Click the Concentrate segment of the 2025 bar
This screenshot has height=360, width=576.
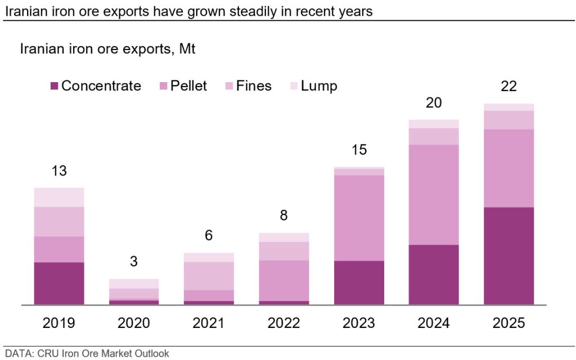(508, 256)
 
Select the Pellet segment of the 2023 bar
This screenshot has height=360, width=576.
(359, 218)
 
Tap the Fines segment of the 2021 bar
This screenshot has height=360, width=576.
(209, 276)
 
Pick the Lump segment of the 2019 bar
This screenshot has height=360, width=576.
(59, 197)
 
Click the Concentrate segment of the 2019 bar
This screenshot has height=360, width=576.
(59, 283)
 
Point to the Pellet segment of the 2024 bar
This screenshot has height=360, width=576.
(434, 195)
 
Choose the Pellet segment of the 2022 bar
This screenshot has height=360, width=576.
(283, 280)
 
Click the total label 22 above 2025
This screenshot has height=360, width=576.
(508, 87)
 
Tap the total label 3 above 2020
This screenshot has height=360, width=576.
(134, 262)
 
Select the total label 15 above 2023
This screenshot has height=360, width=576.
(359, 150)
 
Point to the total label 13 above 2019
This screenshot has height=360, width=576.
(59, 171)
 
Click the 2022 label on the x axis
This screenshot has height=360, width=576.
(283, 323)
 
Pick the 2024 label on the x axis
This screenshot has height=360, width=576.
(434, 323)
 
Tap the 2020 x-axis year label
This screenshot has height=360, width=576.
(134, 323)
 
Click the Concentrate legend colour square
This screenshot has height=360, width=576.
(54, 86)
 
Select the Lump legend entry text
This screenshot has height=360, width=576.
(319, 86)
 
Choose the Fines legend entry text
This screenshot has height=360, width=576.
(254, 86)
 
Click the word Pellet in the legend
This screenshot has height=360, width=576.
(190, 86)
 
